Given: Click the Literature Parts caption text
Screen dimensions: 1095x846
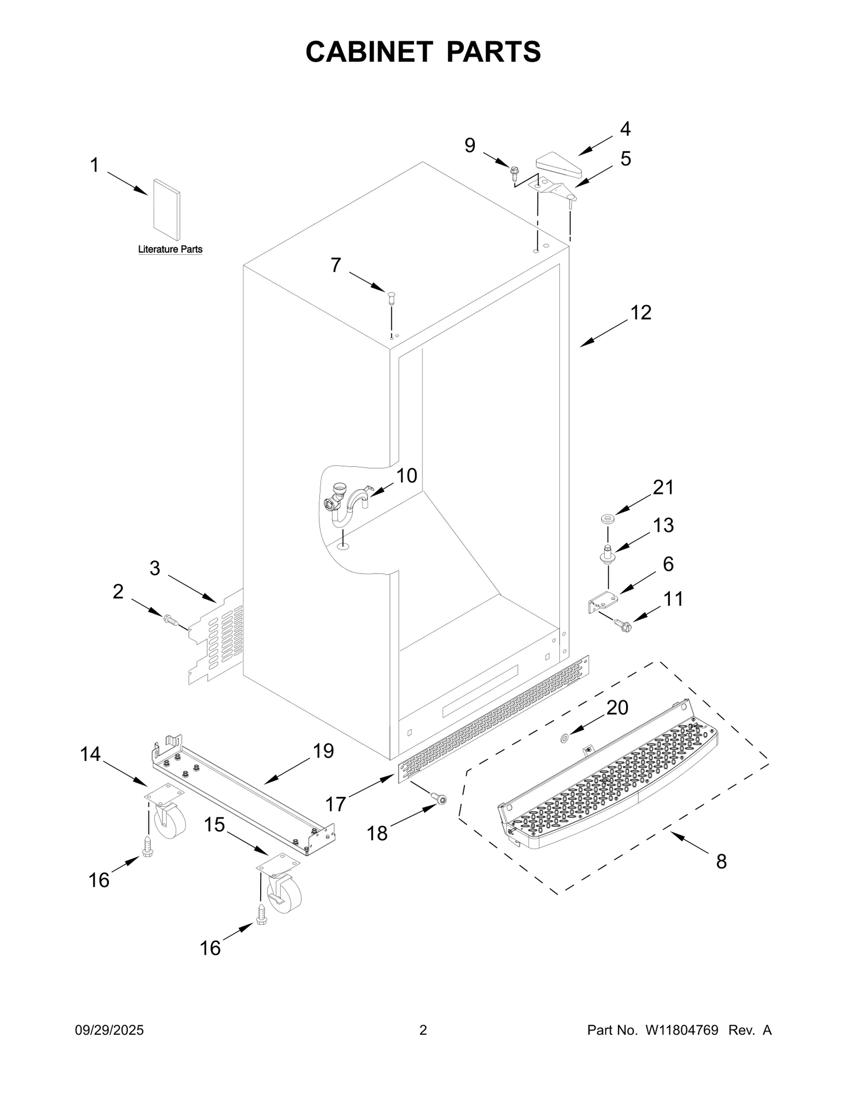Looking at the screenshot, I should pyautogui.click(x=170, y=249).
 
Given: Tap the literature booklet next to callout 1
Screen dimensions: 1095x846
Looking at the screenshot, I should pyautogui.click(x=166, y=209).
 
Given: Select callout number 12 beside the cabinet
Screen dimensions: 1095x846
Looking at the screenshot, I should pyautogui.click(x=641, y=312).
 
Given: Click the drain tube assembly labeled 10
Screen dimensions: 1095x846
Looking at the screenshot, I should pyautogui.click(x=346, y=502).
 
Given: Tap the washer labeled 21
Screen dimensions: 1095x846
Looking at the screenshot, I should pyautogui.click(x=606, y=517).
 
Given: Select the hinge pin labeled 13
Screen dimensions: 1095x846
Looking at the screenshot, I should pyautogui.click(x=608, y=554).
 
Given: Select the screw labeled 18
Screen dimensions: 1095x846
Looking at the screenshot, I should pyautogui.click(x=439, y=800).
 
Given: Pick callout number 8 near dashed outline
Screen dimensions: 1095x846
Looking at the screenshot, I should pyautogui.click(x=721, y=861).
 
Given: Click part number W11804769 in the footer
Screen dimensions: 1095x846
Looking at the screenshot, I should pyautogui.click(x=681, y=1030).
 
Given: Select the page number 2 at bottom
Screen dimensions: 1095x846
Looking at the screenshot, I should pyautogui.click(x=423, y=1030).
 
